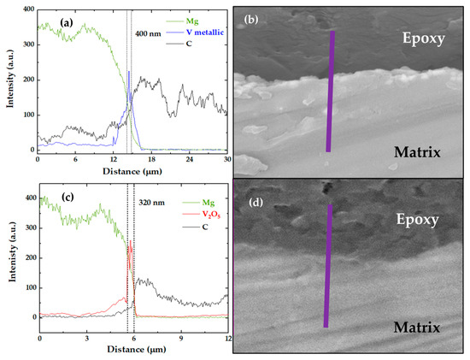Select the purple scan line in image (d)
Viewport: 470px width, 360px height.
click(328, 265)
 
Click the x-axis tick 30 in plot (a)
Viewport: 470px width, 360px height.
click(226, 160)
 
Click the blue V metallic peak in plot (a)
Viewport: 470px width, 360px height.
click(128, 74)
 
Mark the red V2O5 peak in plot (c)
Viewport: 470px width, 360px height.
click(130, 244)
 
